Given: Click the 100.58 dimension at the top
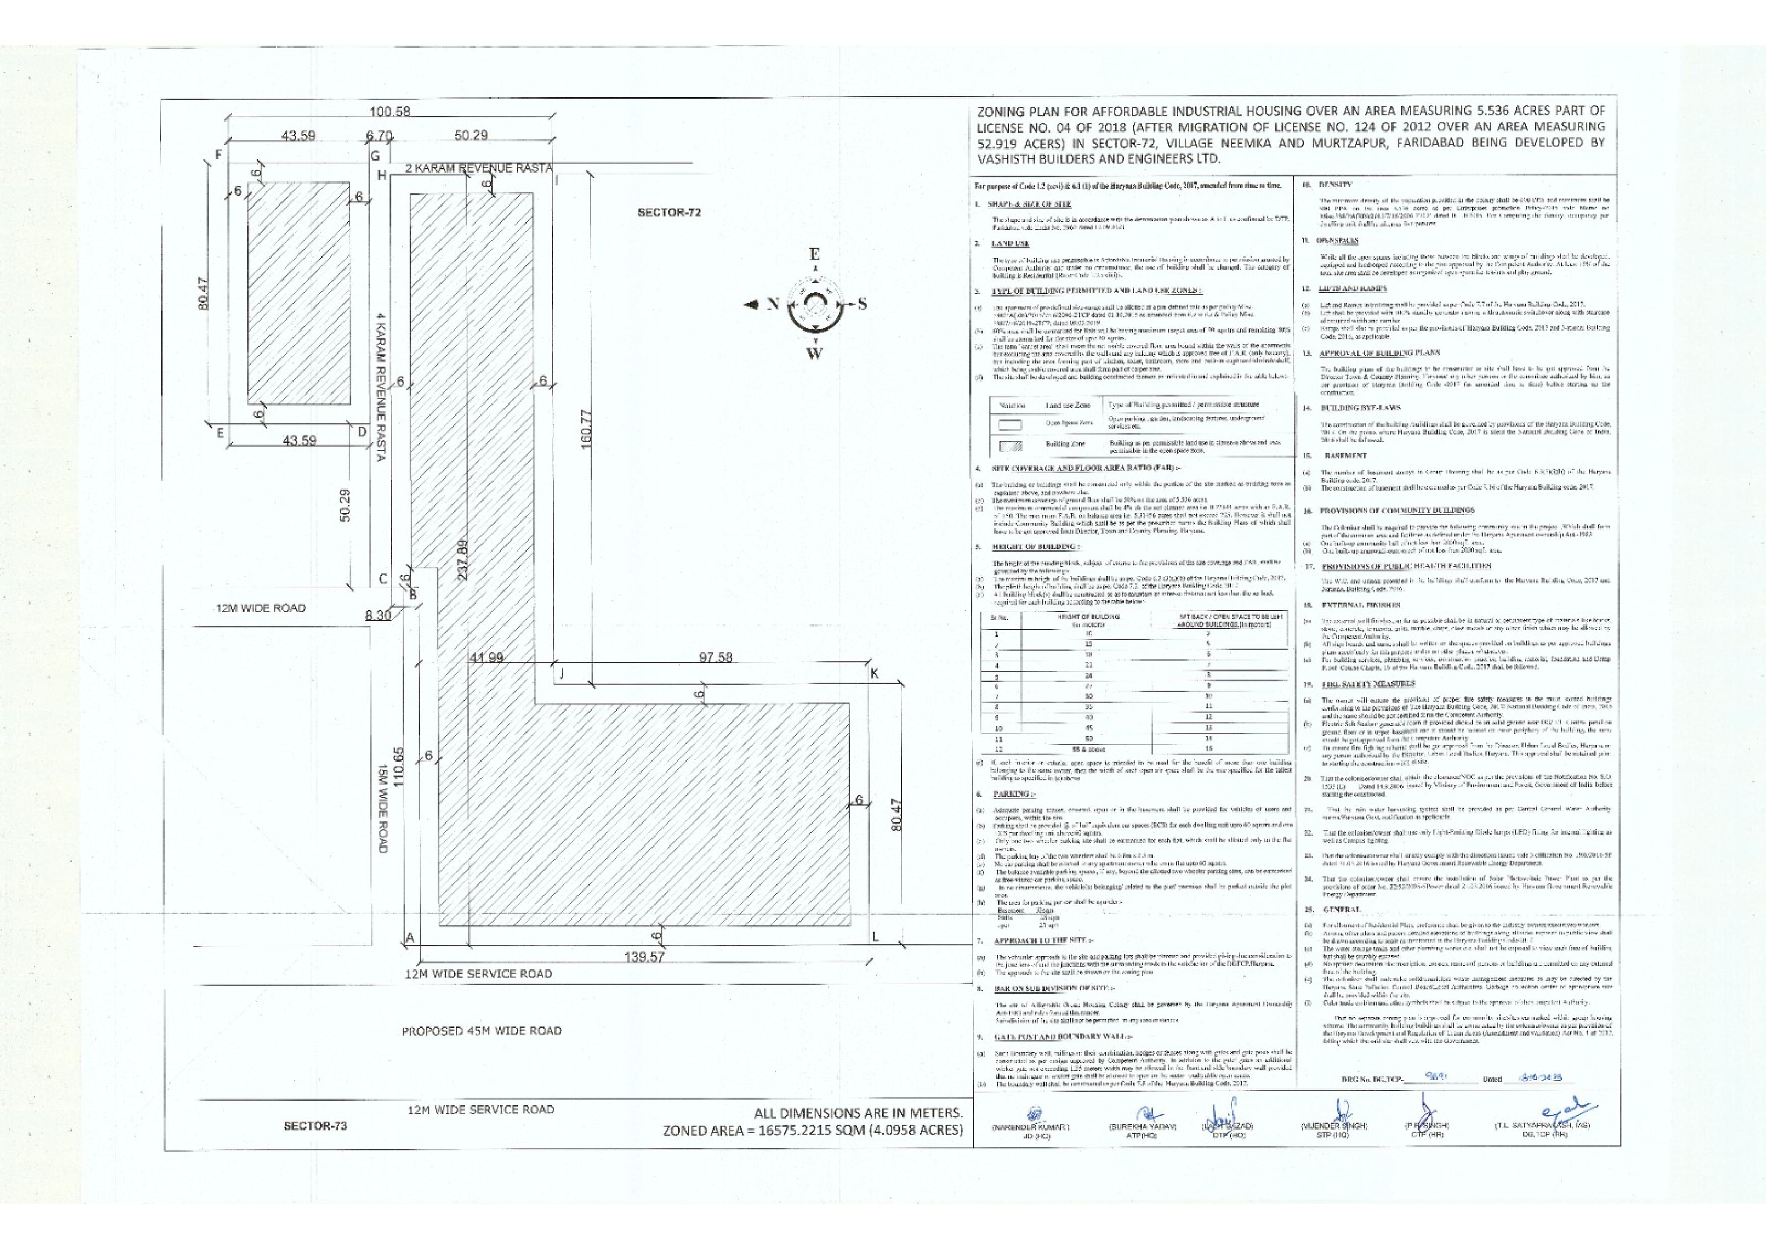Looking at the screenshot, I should point(390,112).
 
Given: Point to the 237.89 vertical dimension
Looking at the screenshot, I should point(462,564).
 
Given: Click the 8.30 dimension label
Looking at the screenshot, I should point(377,616).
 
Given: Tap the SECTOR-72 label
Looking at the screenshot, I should point(669,212).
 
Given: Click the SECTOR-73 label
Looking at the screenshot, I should point(316,1126).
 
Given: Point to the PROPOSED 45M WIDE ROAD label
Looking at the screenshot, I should point(482,1030).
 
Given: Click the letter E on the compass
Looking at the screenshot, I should point(814,255).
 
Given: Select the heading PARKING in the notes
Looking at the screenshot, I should point(1008,793).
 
